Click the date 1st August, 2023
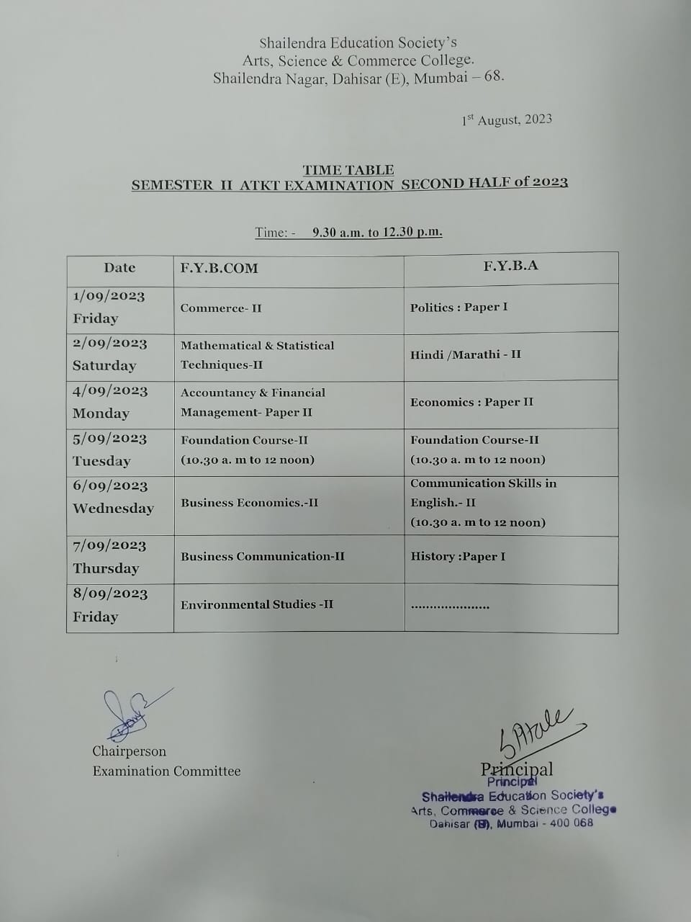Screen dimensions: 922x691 click(x=507, y=120)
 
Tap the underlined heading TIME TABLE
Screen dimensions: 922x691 click(x=348, y=170)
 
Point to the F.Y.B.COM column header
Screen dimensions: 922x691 click(x=219, y=269)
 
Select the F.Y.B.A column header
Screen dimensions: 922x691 click(x=510, y=266)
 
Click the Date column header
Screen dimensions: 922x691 click(x=119, y=268)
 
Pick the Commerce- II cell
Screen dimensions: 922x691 click(x=221, y=308)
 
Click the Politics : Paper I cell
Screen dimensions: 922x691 click(x=459, y=308)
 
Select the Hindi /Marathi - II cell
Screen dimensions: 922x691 click(x=466, y=354)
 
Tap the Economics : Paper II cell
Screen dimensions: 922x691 click(x=471, y=402)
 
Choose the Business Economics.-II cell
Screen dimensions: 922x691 click(x=249, y=503)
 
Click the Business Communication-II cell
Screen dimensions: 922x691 click(x=263, y=556)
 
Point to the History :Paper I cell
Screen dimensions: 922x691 click(x=458, y=557)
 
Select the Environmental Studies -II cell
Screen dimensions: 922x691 click(x=257, y=604)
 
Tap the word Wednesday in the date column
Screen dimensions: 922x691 click(x=113, y=509)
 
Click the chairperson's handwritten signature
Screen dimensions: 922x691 click(x=130, y=713)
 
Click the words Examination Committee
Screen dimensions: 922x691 click(x=166, y=771)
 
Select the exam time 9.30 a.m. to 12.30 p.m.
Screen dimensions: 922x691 click(x=377, y=232)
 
